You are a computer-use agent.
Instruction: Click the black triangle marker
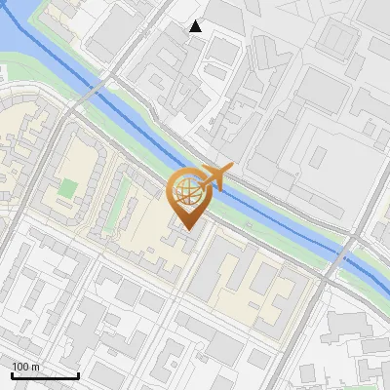(196, 26)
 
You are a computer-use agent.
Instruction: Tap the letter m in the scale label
(37, 367)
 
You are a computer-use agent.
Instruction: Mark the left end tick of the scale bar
(12, 373)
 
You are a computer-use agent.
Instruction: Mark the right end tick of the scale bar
(78, 373)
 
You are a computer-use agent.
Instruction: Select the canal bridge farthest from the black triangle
(343, 255)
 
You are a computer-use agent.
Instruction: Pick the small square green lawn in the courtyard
(66, 187)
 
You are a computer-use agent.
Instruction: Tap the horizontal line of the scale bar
(45, 375)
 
